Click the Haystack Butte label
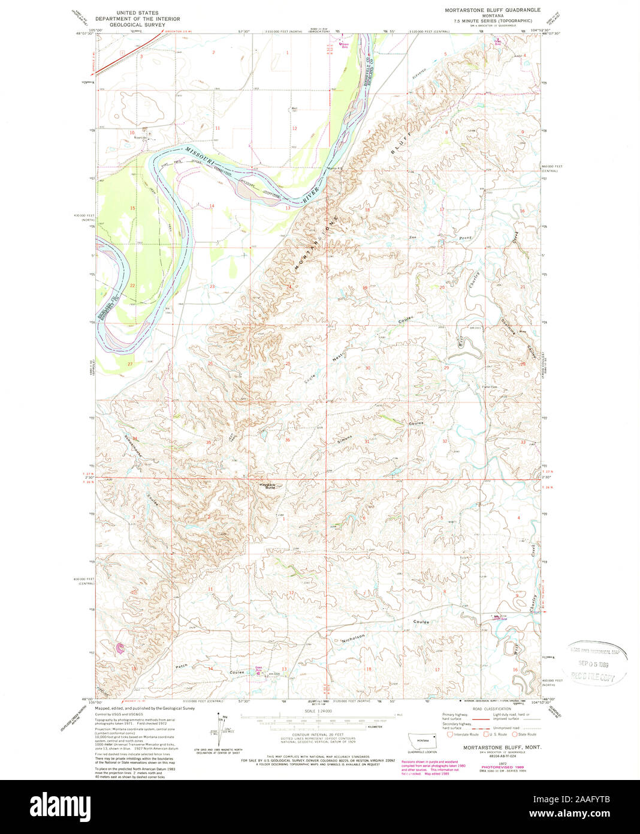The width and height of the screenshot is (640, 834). click(267, 486)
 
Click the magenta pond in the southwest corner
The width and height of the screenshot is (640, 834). click(120, 647)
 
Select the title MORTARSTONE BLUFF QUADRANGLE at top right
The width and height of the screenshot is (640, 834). click(492, 10)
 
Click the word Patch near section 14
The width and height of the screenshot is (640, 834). click(182, 666)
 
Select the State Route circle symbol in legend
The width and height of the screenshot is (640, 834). click(515, 734)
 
